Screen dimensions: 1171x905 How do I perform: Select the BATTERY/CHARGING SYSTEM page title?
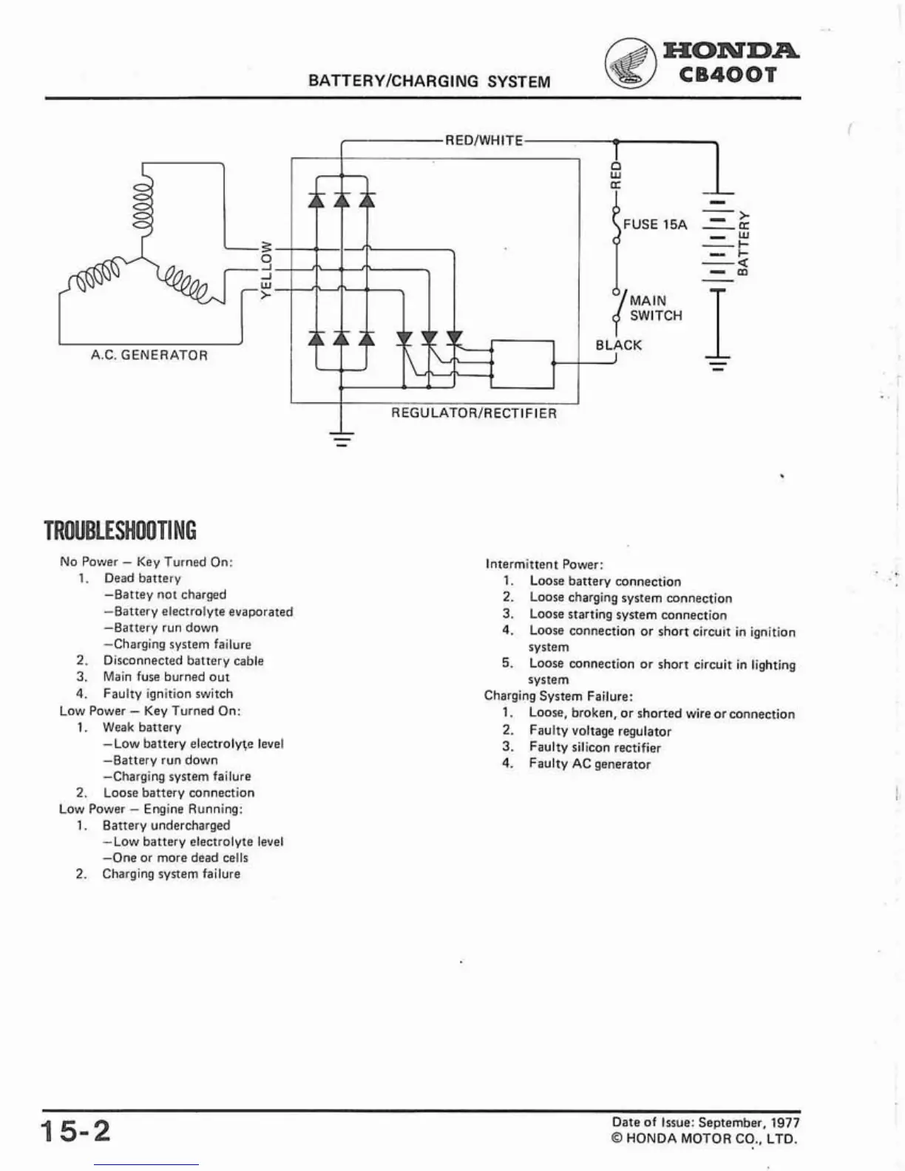(x=429, y=81)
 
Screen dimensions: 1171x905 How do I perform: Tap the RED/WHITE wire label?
(x=484, y=140)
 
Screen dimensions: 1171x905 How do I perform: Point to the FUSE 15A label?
(x=655, y=224)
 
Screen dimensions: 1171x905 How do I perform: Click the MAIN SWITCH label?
(x=655, y=308)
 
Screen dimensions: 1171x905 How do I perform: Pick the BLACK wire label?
(x=619, y=345)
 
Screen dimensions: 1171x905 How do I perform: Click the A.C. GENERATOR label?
(x=149, y=355)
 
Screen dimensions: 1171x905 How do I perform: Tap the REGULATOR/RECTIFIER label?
(x=474, y=413)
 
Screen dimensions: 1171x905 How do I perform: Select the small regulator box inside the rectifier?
(x=522, y=364)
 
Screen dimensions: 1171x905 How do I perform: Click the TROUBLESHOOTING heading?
(x=121, y=531)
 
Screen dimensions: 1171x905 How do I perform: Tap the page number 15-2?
(x=75, y=1131)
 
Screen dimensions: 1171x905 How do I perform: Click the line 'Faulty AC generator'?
(x=589, y=764)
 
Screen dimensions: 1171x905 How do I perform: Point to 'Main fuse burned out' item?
(x=166, y=677)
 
